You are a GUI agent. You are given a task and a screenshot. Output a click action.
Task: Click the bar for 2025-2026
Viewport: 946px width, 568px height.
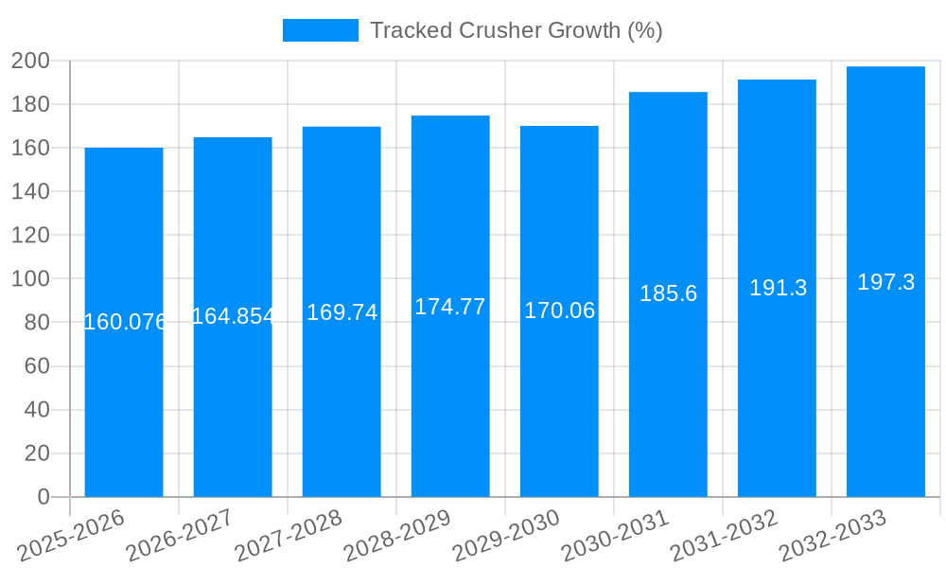(x=124, y=379)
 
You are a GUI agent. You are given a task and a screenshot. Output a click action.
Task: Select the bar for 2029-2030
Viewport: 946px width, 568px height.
(x=559, y=379)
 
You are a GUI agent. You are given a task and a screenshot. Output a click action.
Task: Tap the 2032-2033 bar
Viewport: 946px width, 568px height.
(x=885, y=379)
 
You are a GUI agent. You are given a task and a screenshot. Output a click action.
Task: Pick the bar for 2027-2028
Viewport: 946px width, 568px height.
(x=342, y=379)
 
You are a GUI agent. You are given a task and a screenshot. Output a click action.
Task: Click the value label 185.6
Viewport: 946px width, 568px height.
(x=668, y=293)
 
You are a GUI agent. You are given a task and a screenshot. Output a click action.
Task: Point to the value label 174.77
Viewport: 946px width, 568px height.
(x=450, y=307)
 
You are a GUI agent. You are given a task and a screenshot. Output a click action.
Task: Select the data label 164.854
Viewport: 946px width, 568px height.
(x=233, y=316)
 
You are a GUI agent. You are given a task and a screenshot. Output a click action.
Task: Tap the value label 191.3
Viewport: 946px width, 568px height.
(x=778, y=288)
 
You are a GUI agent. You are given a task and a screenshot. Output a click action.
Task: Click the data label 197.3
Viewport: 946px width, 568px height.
(x=885, y=282)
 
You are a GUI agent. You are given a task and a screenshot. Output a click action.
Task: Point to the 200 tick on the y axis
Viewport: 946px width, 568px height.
(x=30, y=62)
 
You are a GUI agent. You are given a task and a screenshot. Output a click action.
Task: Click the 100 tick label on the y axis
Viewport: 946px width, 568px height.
(x=30, y=279)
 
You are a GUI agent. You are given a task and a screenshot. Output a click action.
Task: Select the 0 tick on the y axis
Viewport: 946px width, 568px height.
(x=43, y=497)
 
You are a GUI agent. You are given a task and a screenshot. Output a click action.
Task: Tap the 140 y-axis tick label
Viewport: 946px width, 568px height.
(x=30, y=192)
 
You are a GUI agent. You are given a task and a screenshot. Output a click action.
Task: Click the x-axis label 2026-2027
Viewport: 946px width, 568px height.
(x=179, y=535)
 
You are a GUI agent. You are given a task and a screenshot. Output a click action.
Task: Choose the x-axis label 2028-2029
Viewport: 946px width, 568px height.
(x=396, y=535)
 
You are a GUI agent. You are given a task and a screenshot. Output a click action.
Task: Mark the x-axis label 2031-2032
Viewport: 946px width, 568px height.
(x=724, y=535)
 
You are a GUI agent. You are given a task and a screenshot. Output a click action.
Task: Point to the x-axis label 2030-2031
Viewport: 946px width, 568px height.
(x=615, y=535)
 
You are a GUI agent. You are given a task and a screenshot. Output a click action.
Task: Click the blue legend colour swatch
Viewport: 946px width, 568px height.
(x=321, y=30)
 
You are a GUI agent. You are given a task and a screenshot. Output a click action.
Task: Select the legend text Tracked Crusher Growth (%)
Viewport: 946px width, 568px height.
(x=516, y=30)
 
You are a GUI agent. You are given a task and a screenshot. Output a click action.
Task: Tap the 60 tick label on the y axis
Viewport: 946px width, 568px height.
(x=36, y=366)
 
